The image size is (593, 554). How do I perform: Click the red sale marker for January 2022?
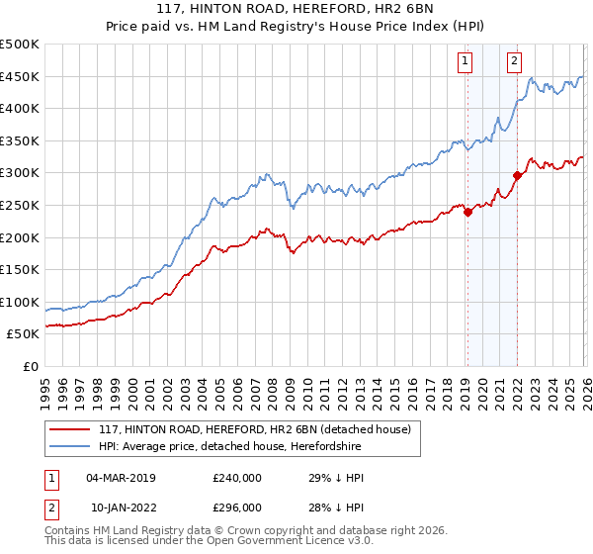pyautogui.click(x=517, y=176)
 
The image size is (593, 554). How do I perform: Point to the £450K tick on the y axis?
pyautogui.click(x=20, y=77)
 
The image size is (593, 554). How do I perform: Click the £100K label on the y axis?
pyautogui.click(x=20, y=302)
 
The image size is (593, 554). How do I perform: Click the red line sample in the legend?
pyautogui.click(x=71, y=429)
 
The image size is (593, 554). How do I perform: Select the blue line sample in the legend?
pyautogui.click(x=71, y=447)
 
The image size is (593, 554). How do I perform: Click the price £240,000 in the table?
pyautogui.click(x=237, y=477)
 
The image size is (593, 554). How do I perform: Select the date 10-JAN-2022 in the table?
pyautogui.click(x=121, y=507)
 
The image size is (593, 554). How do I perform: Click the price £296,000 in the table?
pyautogui.click(x=237, y=507)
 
